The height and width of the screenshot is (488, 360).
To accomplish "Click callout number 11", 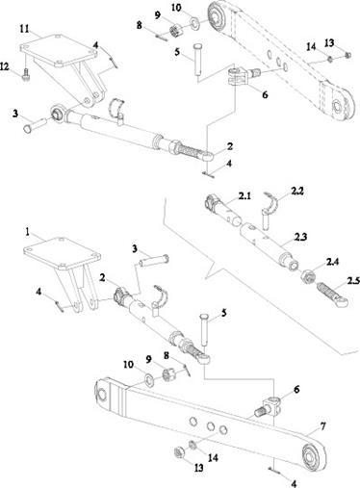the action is [25, 29].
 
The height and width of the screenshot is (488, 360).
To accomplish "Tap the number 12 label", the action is [6, 66].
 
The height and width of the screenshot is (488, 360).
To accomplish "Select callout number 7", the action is [323, 426].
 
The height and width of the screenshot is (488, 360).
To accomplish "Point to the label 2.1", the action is [244, 195].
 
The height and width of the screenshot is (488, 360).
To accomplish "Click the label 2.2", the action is [296, 192].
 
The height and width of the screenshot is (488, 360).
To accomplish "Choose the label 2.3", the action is [300, 237].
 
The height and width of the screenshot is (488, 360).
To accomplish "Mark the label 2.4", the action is [332, 262].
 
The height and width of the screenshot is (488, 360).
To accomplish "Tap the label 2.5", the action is [353, 281].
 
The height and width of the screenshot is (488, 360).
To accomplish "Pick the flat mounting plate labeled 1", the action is [62, 253].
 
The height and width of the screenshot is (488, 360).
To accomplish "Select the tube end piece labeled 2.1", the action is [223, 211].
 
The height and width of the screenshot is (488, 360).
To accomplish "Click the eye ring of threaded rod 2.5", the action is [342, 302].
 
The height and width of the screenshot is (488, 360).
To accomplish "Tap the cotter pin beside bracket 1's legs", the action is [59, 305].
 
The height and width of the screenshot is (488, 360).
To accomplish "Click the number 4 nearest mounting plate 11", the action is [96, 45].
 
